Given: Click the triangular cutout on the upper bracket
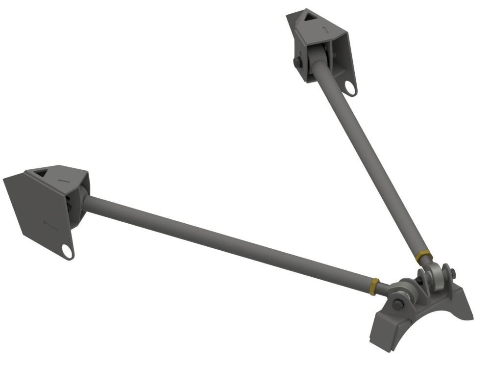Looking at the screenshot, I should pos(309,18).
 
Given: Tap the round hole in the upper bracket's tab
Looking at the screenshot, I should pos(350,88).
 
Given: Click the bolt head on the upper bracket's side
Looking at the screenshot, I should pos(298,62).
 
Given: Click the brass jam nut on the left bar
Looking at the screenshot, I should pos(374,286).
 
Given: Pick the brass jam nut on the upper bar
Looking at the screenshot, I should pos(423,256).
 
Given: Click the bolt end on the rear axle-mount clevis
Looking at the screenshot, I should pos(453,273).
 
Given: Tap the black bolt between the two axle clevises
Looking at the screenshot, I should pos(419,280).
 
